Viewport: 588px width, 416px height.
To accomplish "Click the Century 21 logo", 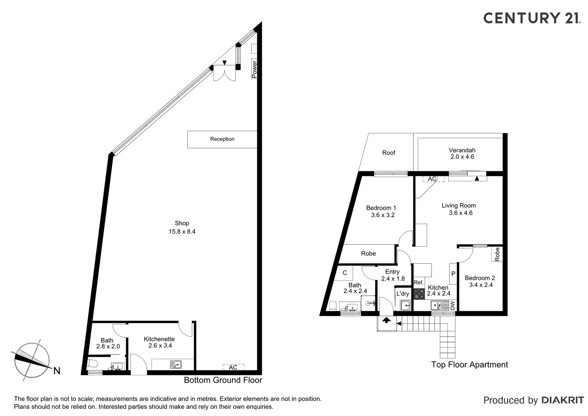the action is pos(532,18).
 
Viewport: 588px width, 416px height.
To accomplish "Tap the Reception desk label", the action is pos(222,139).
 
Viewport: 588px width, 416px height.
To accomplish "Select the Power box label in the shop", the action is pos(254,69).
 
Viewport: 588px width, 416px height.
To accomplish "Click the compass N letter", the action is pos(57,371).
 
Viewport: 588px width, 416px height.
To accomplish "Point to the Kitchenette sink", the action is pos(175,364).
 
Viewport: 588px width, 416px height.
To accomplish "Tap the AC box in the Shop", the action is pos(233,367).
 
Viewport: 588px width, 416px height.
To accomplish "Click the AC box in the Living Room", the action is pos(433,179).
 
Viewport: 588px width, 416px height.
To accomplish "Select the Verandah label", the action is pos(462,150).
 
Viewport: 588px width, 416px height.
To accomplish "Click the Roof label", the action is pos(389,153).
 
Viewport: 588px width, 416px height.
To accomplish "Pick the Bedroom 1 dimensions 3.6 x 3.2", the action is pos(383,215).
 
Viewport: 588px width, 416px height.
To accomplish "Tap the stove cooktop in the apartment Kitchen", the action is pos(419,294).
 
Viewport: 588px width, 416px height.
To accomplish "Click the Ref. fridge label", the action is pos(418,282).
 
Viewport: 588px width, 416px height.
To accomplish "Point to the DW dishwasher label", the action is pos(453,306).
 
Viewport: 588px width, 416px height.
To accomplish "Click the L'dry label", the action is pos(403,294).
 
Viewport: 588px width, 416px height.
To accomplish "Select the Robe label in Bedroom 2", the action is pos(497,254).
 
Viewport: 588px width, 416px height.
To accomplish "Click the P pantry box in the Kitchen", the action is pos(453,274).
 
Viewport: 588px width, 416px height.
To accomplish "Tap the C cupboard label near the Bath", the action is pos(345,273).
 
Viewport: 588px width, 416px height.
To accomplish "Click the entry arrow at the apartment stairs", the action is pos(386,320).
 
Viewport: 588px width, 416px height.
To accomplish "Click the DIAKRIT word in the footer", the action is pos(562,400).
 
